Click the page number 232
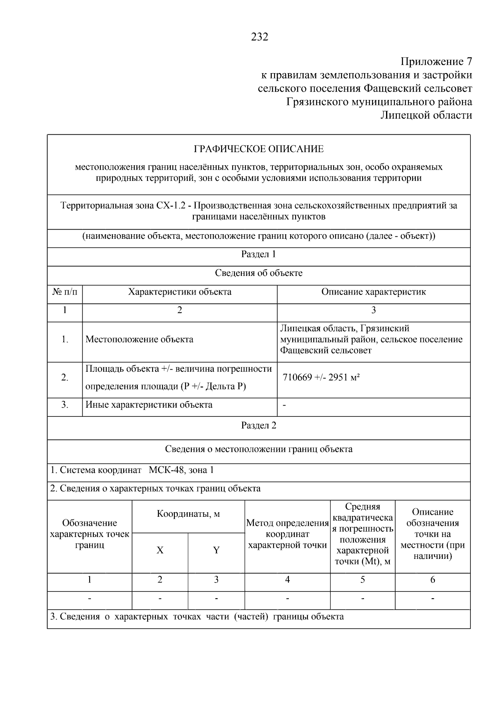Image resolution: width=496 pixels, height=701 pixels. pyautogui.click(x=260, y=37)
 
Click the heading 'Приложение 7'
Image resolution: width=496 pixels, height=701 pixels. pyautogui.click(x=436, y=62)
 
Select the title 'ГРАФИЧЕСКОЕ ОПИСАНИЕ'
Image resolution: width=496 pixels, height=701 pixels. pyautogui.click(x=259, y=149)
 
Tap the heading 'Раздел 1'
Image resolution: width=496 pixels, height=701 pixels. pyautogui.click(x=259, y=254)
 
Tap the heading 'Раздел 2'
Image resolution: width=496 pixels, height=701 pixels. pyautogui.click(x=259, y=426)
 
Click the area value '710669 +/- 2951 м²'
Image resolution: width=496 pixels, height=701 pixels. pyautogui.click(x=321, y=378)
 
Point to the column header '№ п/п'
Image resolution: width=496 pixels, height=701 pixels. pyautogui.click(x=65, y=292)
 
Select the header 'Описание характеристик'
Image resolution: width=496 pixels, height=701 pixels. pyautogui.click(x=373, y=292)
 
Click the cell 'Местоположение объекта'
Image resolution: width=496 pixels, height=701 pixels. pyautogui.click(x=139, y=340)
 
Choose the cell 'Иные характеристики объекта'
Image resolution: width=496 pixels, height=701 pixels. pyautogui.click(x=149, y=405)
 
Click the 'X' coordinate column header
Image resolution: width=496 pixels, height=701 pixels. pyautogui.click(x=160, y=550)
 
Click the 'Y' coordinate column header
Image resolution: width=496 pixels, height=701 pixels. pyautogui.click(x=216, y=550)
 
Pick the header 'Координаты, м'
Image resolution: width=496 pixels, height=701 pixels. pyautogui.click(x=188, y=514)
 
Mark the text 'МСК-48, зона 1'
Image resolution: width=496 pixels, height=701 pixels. pyautogui.click(x=181, y=470)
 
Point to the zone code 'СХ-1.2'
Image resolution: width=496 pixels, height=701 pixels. pyautogui.click(x=169, y=206)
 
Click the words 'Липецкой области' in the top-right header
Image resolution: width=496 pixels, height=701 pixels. pyautogui.click(x=426, y=115)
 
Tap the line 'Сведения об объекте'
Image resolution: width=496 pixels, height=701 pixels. pyautogui.click(x=259, y=273)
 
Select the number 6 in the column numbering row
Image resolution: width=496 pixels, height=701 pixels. pyautogui.click(x=432, y=580)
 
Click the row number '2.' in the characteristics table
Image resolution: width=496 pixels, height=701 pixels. pyautogui.click(x=65, y=378)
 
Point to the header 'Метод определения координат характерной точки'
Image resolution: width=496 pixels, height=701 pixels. pyautogui.click(x=287, y=534)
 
